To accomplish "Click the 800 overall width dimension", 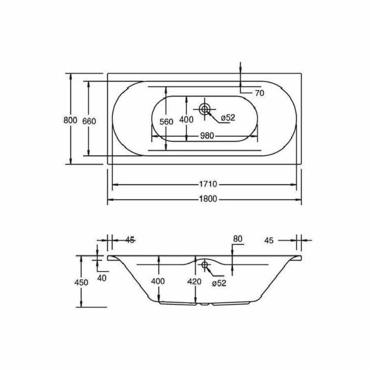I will click(70, 121).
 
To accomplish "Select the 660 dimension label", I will click(89, 121).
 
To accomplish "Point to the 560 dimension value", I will click(166, 122).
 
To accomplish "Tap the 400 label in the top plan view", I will click(186, 120).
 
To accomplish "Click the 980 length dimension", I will click(207, 136).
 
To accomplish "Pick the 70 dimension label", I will click(259, 93).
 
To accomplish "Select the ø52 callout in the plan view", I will click(228, 118).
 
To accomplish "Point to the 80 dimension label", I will click(237, 239).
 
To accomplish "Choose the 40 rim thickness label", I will click(102, 278).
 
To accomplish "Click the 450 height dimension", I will click(81, 282).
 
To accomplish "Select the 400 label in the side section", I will click(158, 281).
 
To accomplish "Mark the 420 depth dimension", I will click(194, 282).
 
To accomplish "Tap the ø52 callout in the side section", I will click(219, 283).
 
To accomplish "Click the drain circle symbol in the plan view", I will click(204, 109).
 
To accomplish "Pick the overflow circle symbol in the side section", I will click(204, 264).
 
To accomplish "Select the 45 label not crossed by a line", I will click(269, 240).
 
